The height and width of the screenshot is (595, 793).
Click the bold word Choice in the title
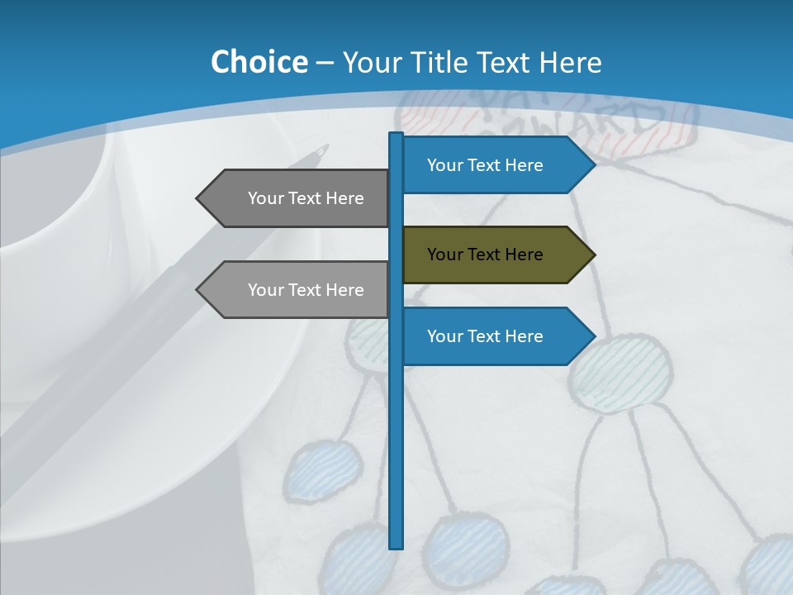click(x=259, y=62)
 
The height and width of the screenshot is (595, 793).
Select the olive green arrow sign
click(x=496, y=255)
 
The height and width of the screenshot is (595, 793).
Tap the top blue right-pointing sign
click(x=496, y=165)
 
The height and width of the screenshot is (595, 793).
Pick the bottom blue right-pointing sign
click(x=496, y=336)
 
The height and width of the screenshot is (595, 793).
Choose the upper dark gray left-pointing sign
click(x=297, y=198)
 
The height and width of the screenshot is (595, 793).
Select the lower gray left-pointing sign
click(x=297, y=290)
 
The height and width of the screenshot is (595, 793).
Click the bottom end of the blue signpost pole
click(x=396, y=545)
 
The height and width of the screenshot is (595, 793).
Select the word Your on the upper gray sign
click(x=265, y=198)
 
